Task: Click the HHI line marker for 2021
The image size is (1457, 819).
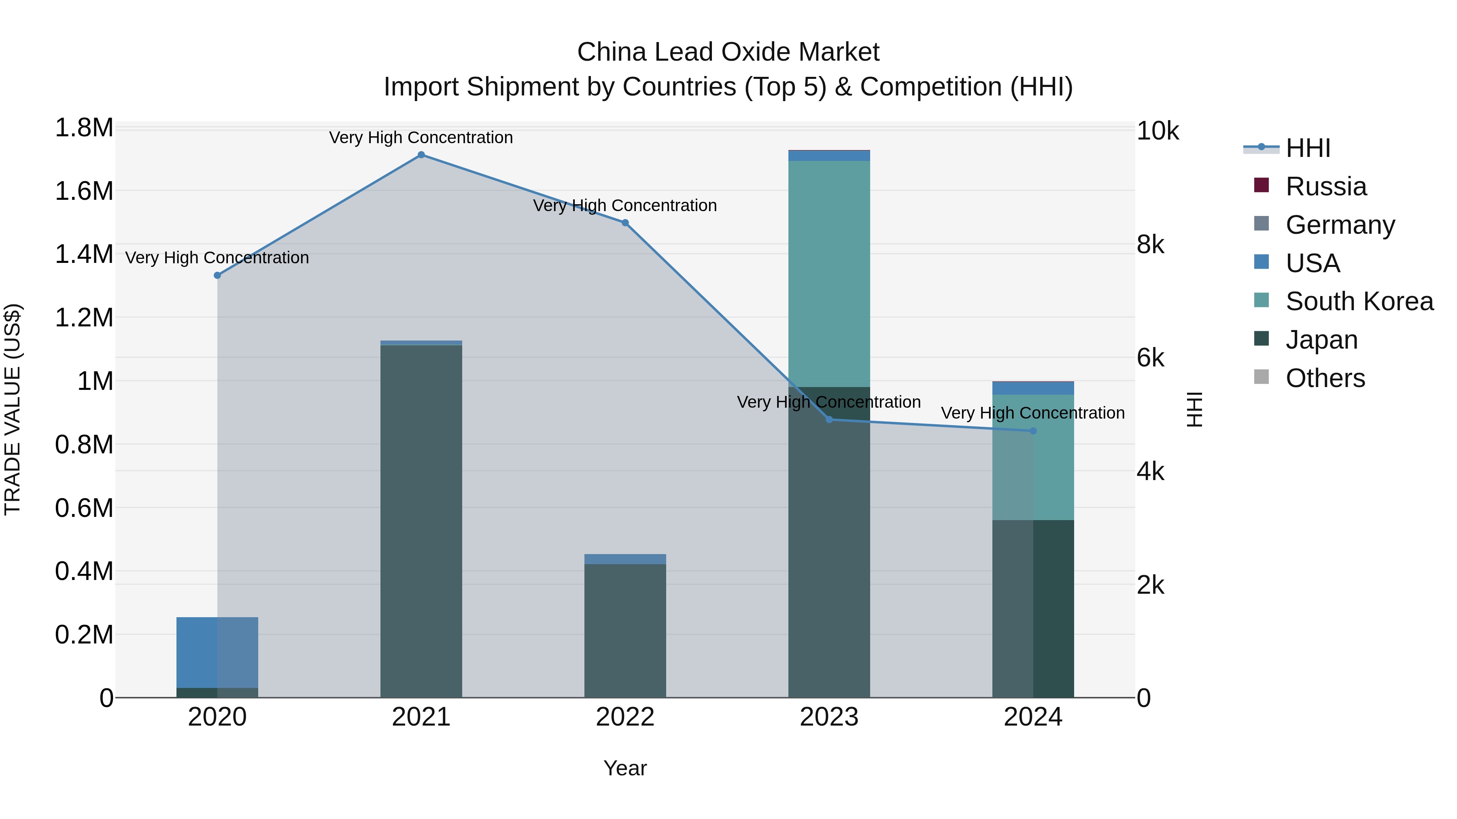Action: tap(421, 155)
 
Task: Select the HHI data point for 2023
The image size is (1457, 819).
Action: tap(829, 419)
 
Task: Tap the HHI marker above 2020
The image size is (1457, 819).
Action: tap(217, 275)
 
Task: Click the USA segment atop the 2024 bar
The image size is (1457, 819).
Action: tap(1033, 388)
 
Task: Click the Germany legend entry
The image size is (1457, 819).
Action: tap(1339, 225)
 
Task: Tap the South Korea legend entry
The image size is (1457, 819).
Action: tap(1359, 301)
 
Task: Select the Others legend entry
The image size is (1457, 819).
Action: tap(1325, 378)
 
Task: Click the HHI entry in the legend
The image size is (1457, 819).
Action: tap(1307, 148)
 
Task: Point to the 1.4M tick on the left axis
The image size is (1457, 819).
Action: tap(84, 254)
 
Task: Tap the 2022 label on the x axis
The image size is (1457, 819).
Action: tap(625, 717)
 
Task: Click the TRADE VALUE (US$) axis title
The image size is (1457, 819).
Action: tap(13, 409)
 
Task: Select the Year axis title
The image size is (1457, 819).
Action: tap(625, 768)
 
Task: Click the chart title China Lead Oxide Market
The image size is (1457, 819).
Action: tap(728, 52)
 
